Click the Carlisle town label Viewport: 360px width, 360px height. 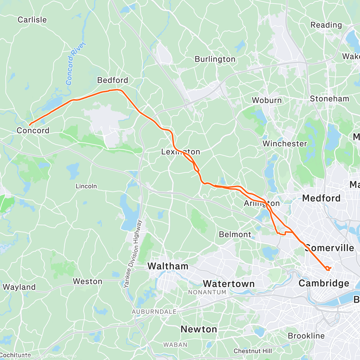click(x=32, y=20)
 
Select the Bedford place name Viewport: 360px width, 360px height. click(x=112, y=80)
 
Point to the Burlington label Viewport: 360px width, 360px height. click(x=215, y=59)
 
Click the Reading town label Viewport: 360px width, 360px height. click(x=326, y=25)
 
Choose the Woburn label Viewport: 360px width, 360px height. click(x=267, y=100)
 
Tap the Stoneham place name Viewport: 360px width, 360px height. click(x=329, y=99)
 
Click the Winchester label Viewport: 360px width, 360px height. click(x=285, y=144)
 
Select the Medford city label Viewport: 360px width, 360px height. click(x=321, y=198)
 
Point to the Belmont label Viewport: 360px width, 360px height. click(x=235, y=234)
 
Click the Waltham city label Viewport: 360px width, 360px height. click(x=168, y=266)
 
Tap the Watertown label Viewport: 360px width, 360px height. click(x=229, y=283)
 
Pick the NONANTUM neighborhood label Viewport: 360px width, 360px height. click(x=207, y=292)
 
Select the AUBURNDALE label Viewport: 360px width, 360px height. click(x=154, y=312)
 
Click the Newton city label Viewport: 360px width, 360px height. click(x=199, y=329)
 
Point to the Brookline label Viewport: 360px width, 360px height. click(x=306, y=336)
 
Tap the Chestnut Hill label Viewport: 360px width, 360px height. click(x=253, y=351)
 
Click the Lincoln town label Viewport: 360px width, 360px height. click(x=86, y=186)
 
